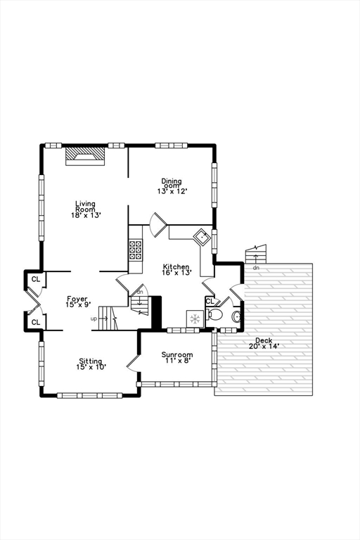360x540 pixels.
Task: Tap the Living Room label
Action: [85, 207]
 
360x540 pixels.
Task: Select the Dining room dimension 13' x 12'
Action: [172, 191]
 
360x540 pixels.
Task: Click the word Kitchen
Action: [176, 266]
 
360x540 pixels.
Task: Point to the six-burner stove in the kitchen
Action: [135, 250]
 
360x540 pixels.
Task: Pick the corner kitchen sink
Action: [204, 236]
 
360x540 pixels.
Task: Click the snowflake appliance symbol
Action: [194, 318]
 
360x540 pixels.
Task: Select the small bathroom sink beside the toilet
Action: [236, 316]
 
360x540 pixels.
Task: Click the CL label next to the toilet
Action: [210, 302]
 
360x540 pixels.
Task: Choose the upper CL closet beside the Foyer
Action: [35, 280]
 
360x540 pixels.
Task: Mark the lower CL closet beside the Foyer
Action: [35, 322]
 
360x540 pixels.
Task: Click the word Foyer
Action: [77, 299]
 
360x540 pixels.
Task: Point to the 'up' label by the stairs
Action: [94, 319]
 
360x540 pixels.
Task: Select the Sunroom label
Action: [176, 354]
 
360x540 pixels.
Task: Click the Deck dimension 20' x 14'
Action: [264, 346]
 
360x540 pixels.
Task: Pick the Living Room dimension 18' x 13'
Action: [85, 215]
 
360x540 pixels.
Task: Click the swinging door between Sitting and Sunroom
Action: [132, 361]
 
